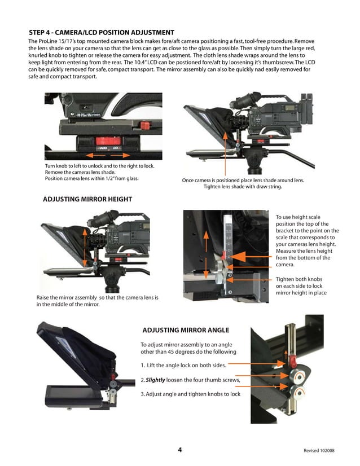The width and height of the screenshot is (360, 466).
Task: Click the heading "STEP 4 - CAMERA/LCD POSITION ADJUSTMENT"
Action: (x=102, y=33)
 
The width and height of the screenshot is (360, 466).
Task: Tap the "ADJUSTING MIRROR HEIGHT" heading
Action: (x=87, y=199)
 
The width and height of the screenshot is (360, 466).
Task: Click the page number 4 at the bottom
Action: (x=179, y=450)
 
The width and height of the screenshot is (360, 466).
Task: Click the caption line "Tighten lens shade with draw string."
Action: (x=243, y=187)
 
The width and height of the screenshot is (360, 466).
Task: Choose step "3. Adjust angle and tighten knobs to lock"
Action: (x=190, y=394)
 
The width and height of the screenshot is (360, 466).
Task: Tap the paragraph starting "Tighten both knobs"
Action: (x=306, y=286)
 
